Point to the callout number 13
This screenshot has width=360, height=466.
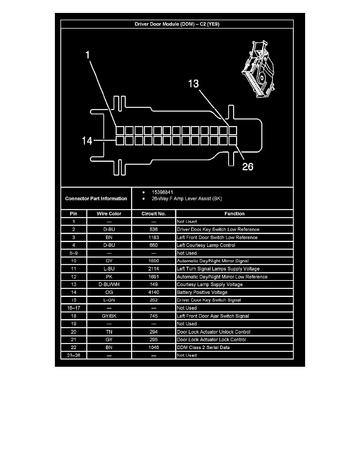coord(194,84)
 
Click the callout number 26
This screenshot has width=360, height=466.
coord(247,167)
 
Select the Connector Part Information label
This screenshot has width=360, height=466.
coord(96,198)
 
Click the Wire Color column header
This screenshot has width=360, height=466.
coord(109,214)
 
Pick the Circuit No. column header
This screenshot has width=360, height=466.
coord(154,214)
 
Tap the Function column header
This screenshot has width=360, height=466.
coord(234,214)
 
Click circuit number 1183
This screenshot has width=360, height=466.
coord(154,237)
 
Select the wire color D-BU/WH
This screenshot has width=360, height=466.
coord(109,284)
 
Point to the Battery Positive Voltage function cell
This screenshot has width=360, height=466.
coord(202,292)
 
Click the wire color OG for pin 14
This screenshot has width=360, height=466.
coord(109,292)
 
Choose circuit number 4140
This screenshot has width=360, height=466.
coord(154,292)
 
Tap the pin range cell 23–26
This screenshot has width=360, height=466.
coord(74,355)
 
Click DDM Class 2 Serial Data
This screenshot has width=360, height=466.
coord(203,348)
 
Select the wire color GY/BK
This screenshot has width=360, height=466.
coord(109,316)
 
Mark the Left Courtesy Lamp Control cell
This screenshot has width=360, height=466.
coord(206,245)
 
